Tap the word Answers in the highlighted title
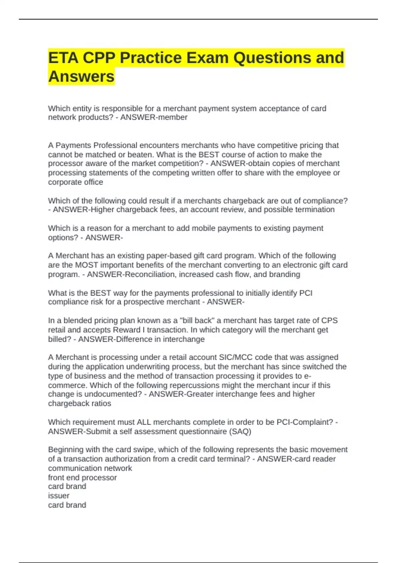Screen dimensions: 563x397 point(81,77)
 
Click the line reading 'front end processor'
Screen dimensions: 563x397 point(82,478)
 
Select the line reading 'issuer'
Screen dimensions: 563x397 point(59,496)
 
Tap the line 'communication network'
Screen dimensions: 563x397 point(90,468)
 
